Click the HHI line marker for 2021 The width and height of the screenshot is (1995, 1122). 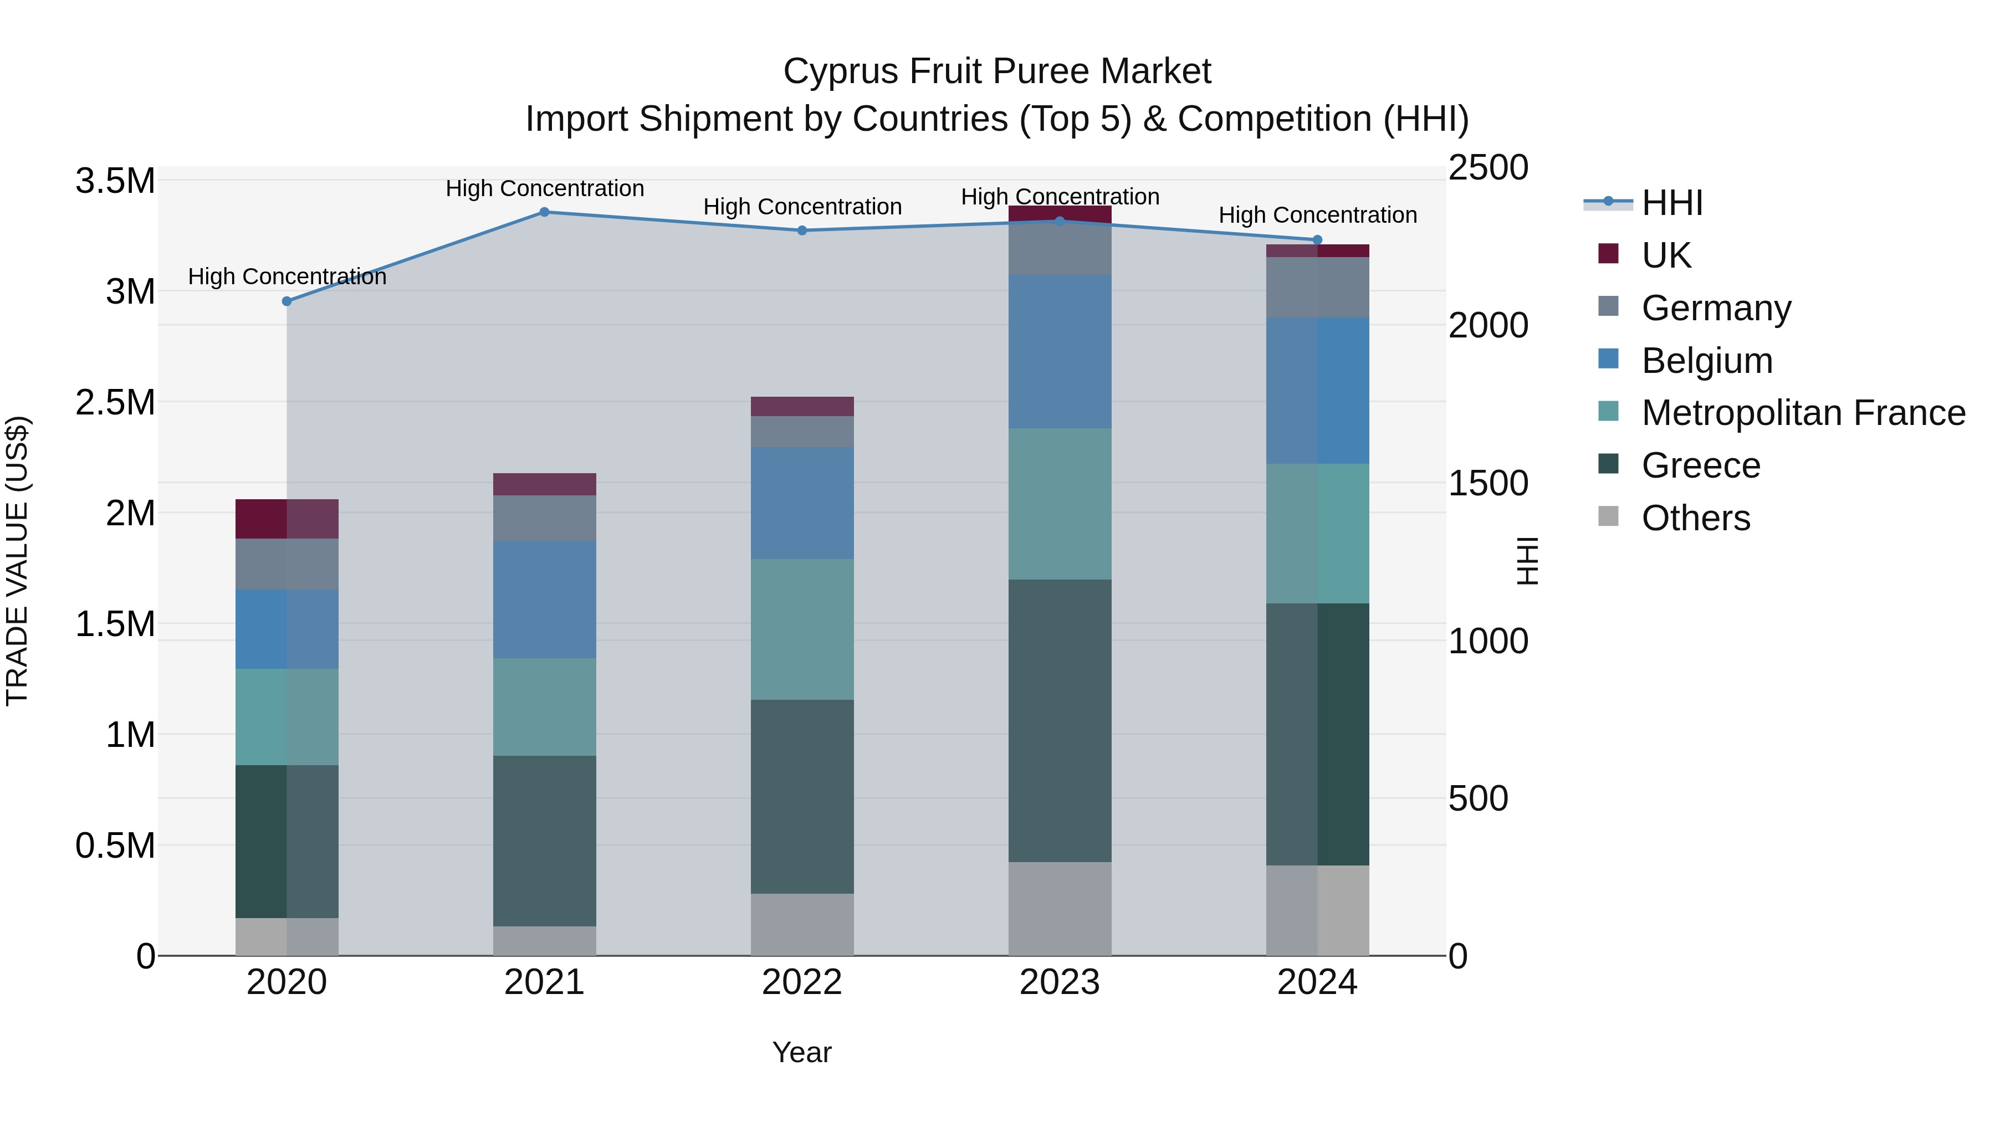pyautogui.click(x=544, y=212)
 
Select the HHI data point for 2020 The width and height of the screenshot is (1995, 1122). pyautogui.click(x=287, y=301)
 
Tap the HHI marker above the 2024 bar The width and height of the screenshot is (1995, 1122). pyautogui.click(x=1317, y=240)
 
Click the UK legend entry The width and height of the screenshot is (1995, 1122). pyautogui.click(x=1666, y=255)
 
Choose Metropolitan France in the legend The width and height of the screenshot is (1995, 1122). pyautogui.click(x=1803, y=413)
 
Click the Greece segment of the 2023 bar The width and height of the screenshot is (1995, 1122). pyautogui.click(x=1060, y=720)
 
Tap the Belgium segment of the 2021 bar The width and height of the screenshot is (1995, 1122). pyautogui.click(x=544, y=600)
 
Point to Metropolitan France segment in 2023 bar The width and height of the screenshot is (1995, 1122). pyautogui.click(x=1060, y=503)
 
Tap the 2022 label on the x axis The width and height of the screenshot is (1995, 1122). pyautogui.click(x=801, y=982)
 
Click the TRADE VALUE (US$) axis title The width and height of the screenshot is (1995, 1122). pyautogui.click(x=17, y=561)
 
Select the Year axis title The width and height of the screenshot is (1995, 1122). pyautogui.click(x=801, y=1052)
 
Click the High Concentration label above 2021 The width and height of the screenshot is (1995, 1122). pyautogui.click(x=544, y=188)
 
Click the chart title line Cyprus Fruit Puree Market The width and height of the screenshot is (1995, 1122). pyautogui.click(x=997, y=71)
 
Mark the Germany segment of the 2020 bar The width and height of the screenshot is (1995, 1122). pyautogui.click(x=287, y=563)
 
